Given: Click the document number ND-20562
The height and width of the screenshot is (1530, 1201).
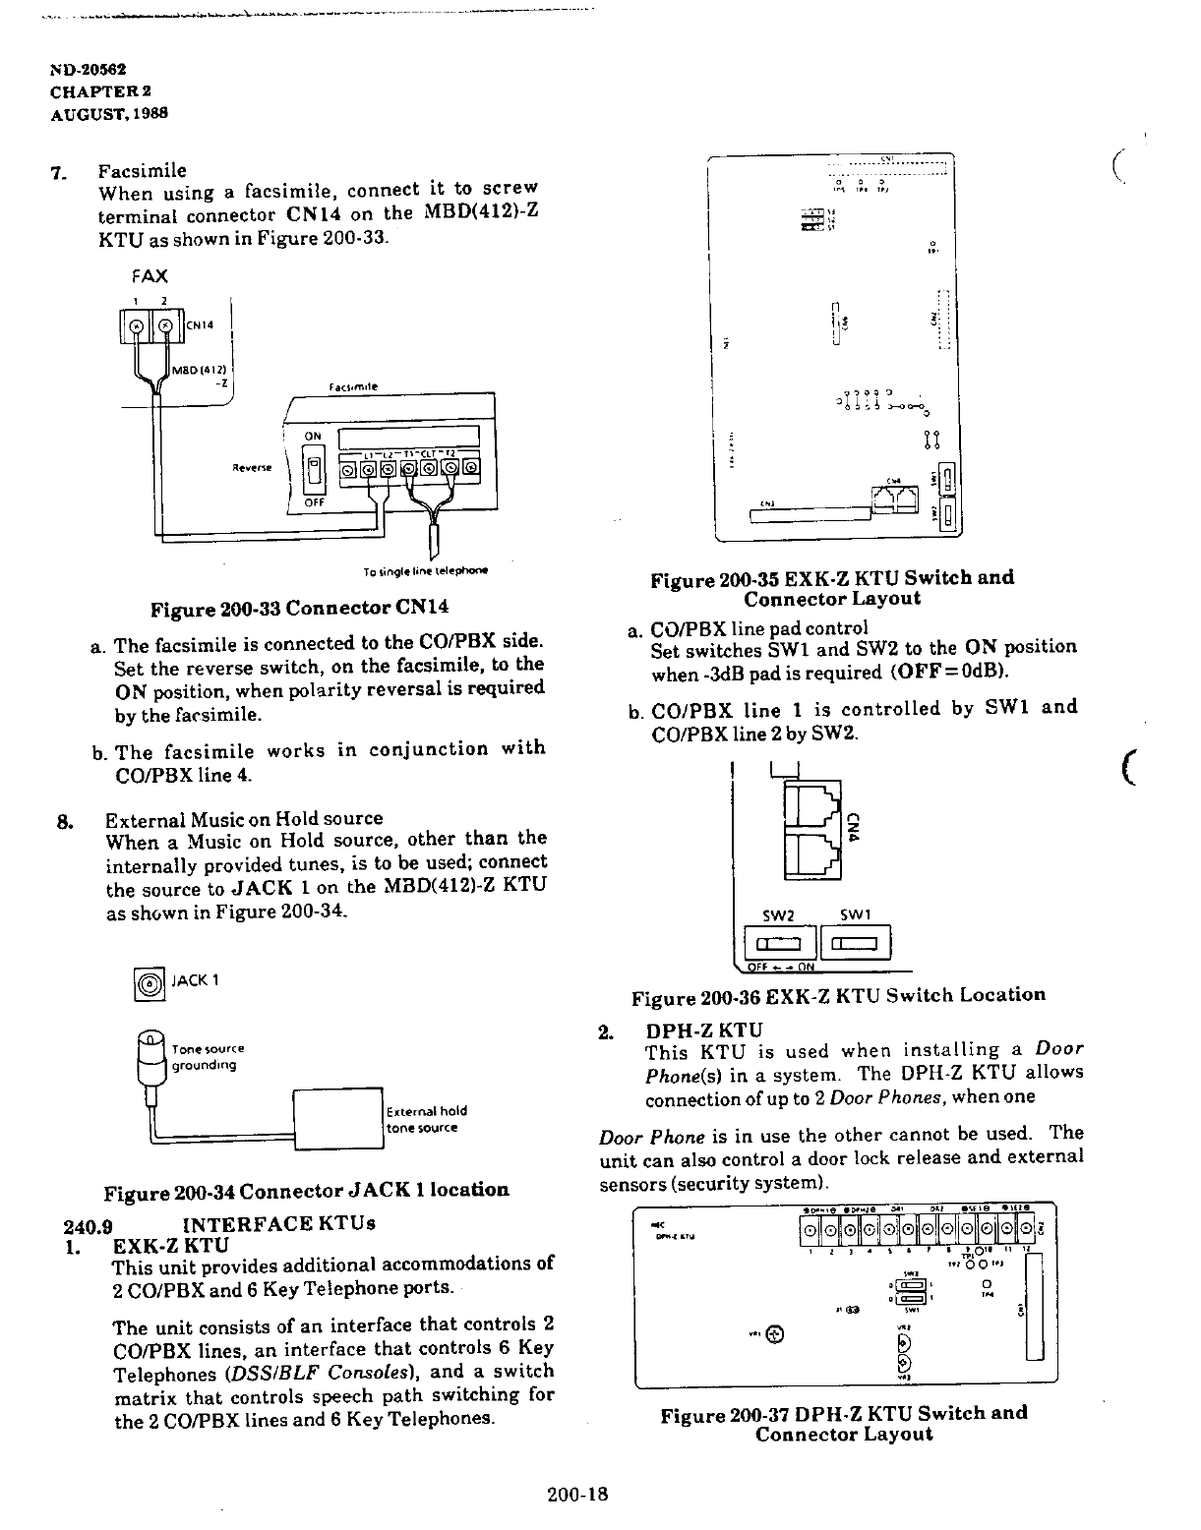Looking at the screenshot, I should (88, 71).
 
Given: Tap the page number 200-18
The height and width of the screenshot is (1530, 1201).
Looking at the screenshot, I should (579, 1495).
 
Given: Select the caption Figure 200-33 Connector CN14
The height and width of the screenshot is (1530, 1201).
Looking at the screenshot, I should (292, 609).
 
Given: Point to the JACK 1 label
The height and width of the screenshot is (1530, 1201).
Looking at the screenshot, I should (196, 980).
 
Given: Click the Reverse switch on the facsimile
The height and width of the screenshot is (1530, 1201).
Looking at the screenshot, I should (316, 469).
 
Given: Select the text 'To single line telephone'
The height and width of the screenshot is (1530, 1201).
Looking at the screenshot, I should (426, 570).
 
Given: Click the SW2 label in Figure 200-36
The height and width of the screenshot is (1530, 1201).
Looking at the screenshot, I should (777, 916).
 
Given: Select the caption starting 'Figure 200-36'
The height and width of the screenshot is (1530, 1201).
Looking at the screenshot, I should (838, 997).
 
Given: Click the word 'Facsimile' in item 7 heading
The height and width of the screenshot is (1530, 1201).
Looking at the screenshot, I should (143, 170).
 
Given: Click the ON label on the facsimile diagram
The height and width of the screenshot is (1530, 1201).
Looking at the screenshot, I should (312, 438).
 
